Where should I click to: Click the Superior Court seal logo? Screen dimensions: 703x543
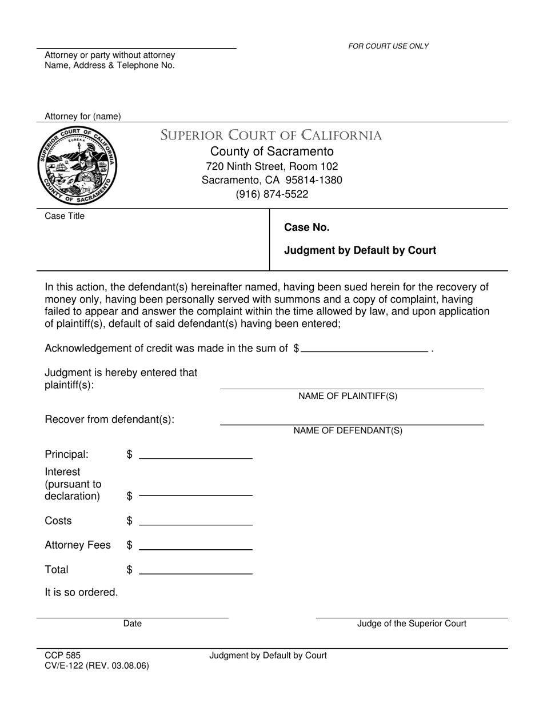(x=78, y=166)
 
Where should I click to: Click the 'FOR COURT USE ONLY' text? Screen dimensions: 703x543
(x=388, y=46)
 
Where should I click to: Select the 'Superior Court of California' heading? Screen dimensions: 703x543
(x=271, y=135)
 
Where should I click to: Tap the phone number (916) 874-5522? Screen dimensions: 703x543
(x=271, y=194)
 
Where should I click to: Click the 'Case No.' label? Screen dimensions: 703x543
(x=307, y=227)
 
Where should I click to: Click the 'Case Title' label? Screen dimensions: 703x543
(x=65, y=216)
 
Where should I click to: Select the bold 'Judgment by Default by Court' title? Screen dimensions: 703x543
(x=360, y=250)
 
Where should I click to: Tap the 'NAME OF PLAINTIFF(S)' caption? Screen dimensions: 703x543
(x=348, y=396)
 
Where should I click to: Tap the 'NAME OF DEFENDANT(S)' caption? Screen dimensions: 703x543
(x=348, y=431)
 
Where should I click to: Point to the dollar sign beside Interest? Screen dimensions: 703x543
(x=130, y=496)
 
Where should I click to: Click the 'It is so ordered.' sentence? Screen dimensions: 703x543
(x=82, y=592)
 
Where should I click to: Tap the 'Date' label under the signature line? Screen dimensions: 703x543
(x=132, y=624)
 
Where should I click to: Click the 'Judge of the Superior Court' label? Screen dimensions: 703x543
(x=412, y=624)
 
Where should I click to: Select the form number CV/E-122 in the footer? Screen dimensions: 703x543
(x=65, y=666)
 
